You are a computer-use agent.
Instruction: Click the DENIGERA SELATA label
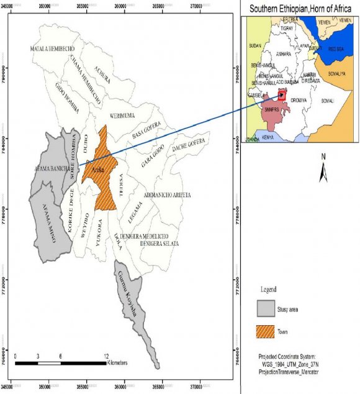click(x=160, y=244)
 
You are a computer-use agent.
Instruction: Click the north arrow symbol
click(x=323, y=169)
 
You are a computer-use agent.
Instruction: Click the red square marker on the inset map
click(x=282, y=95)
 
